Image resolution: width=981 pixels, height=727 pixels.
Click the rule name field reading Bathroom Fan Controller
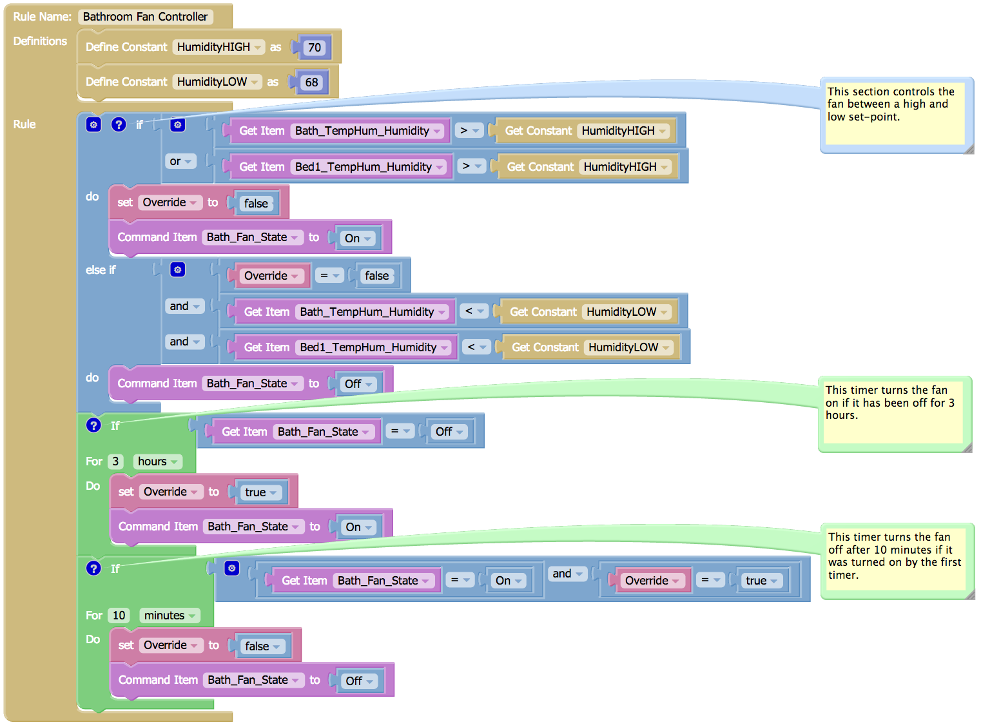[x=145, y=17]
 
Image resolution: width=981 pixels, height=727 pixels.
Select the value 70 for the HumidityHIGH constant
[x=315, y=47]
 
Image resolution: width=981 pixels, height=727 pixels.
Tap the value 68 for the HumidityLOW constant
[x=312, y=82]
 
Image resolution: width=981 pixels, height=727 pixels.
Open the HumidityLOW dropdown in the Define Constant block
[x=217, y=82]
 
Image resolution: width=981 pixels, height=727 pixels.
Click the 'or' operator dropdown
[x=181, y=161]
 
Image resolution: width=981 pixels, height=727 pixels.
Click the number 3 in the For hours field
[x=115, y=461]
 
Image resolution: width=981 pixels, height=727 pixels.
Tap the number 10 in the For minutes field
[x=119, y=616]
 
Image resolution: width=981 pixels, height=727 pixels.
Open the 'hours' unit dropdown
[x=157, y=461]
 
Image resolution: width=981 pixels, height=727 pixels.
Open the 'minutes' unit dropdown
[x=170, y=616]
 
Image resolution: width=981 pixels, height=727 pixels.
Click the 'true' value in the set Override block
[x=260, y=492]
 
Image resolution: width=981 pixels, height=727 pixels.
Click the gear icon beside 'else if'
[x=178, y=269]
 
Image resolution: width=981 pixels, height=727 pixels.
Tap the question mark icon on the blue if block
[x=119, y=124]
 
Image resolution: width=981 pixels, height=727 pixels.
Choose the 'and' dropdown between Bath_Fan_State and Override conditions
[x=567, y=574]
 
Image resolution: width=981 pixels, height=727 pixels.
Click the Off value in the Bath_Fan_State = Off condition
[x=449, y=432]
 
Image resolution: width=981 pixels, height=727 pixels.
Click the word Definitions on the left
[x=40, y=41]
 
